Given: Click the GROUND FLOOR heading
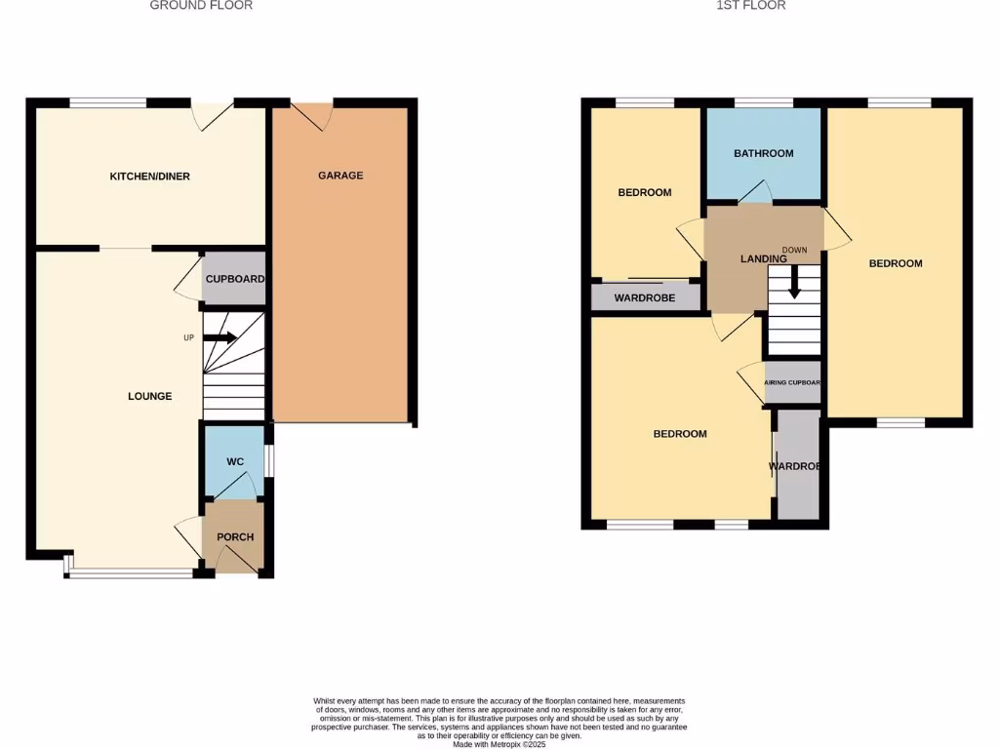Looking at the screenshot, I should [x=201, y=6].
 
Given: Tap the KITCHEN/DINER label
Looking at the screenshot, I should [x=149, y=177].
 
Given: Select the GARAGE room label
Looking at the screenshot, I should [x=340, y=176].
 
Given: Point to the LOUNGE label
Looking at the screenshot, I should [x=150, y=396].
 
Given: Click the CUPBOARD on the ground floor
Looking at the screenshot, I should [x=234, y=279].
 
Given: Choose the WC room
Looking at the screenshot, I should [x=235, y=461].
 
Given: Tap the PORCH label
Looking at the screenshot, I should [x=235, y=537].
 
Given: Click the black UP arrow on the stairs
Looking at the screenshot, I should [x=220, y=338].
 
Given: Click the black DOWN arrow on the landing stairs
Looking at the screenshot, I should [x=795, y=283].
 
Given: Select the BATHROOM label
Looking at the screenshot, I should [x=764, y=153].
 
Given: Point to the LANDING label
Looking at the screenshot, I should [x=763, y=259].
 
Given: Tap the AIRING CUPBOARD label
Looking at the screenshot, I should [x=791, y=383].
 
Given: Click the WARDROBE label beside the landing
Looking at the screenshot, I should [x=645, y=297].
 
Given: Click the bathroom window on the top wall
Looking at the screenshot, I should [x=763, y=101].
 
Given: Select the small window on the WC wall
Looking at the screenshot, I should [x=270, y=461].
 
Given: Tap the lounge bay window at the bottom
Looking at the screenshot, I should [x=131, y=572].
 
